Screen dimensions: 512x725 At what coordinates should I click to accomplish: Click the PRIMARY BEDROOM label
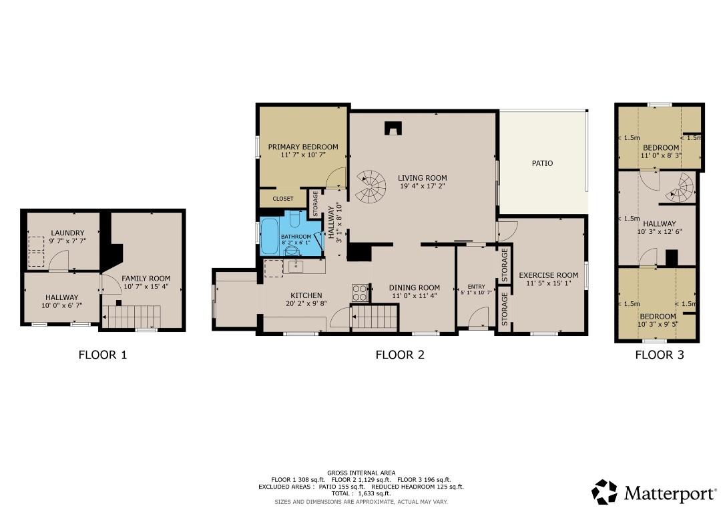click(302, 147)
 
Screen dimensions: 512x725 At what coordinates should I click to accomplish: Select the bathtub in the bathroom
click(270, 236)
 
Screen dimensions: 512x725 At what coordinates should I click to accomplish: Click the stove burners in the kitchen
click(360, 293)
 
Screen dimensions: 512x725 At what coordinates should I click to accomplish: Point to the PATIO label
click(542, 163)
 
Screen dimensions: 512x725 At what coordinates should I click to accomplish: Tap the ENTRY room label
click(476, 287)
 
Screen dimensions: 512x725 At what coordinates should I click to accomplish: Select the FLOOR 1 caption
click(102, 355)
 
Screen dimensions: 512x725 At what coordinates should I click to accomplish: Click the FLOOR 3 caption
click(659, 355)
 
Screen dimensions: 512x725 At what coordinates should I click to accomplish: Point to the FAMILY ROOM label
click(146, 279)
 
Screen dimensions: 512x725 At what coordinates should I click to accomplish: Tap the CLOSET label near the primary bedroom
click(283, 199)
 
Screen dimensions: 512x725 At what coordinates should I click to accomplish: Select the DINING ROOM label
click(415, 288)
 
